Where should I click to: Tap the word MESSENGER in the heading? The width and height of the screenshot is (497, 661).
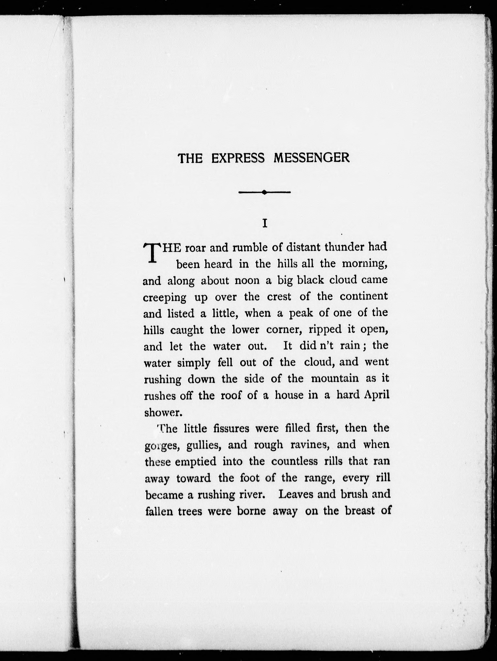pyautogui.click(x=311, y=158)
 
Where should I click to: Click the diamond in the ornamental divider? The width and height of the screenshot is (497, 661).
pyautogui.click(x=264, y=193)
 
